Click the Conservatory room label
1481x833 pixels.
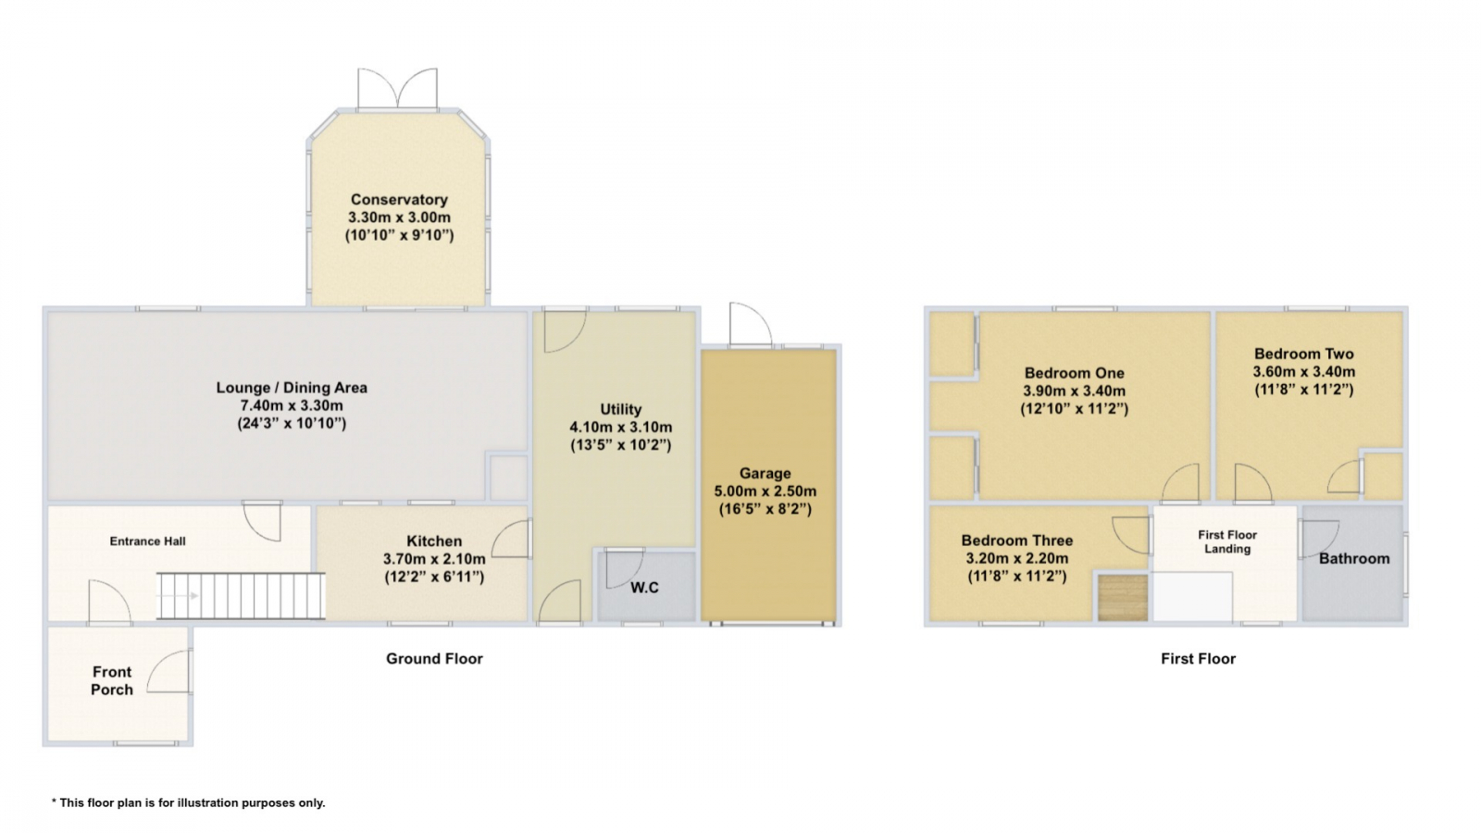(399, 199)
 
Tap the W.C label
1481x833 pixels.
(644, 588)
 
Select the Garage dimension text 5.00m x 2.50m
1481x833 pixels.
(765, 491)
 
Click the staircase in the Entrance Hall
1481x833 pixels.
(241, 596)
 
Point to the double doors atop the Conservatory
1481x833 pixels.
(397, 88)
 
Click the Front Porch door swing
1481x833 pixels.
(168, 671)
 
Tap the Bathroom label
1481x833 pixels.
(1354, 559)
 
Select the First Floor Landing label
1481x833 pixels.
(1227, 541)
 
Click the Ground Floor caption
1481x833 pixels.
(434, 658)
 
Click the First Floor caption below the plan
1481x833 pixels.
(1198, 658)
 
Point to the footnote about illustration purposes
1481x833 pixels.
(189, 802)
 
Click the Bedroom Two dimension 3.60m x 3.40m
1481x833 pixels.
(1304, 371)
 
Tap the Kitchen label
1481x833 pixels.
(434, 541)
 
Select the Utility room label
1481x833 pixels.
(621, 409)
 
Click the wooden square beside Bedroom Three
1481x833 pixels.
(1123, 598)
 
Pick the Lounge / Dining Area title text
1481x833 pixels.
(292, 388)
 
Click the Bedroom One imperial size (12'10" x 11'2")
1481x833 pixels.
(1075, 408)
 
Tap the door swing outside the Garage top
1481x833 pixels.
(751, 324)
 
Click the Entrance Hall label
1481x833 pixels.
(147, 541)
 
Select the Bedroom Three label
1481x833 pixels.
(1017, 541)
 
